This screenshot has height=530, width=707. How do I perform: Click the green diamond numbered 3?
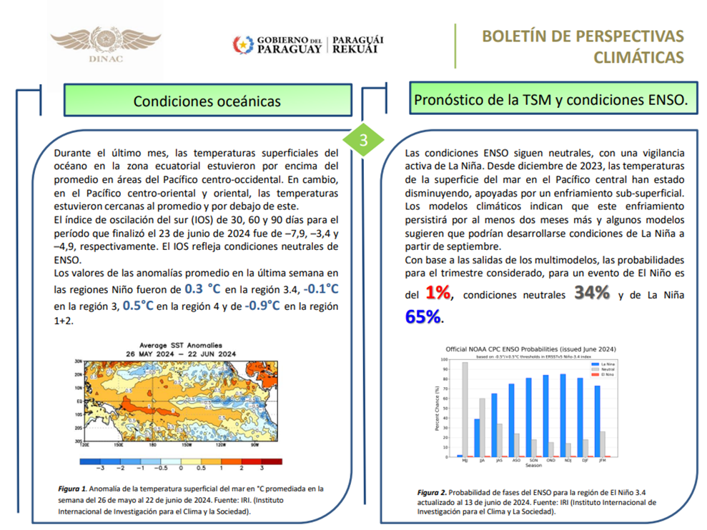(x=362, y=140)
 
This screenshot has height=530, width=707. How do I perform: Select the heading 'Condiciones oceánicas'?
(x=207, y=101)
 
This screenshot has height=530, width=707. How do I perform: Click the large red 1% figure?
(x=437, y=293)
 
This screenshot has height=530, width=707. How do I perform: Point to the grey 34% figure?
(x=590, y=293)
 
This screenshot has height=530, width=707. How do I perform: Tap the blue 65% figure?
(x=423, y=316)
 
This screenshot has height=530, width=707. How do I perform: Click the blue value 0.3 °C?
(x=203, y=289)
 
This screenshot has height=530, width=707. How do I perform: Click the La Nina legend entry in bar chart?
(x=607, y=364)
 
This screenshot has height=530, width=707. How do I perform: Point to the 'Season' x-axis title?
(x=533, y=465)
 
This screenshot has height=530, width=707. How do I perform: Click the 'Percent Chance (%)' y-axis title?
(x=437, y=408)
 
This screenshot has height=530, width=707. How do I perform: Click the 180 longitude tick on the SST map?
(x=152, y=444)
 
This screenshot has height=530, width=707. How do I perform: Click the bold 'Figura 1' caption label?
(x=73, y=489)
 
